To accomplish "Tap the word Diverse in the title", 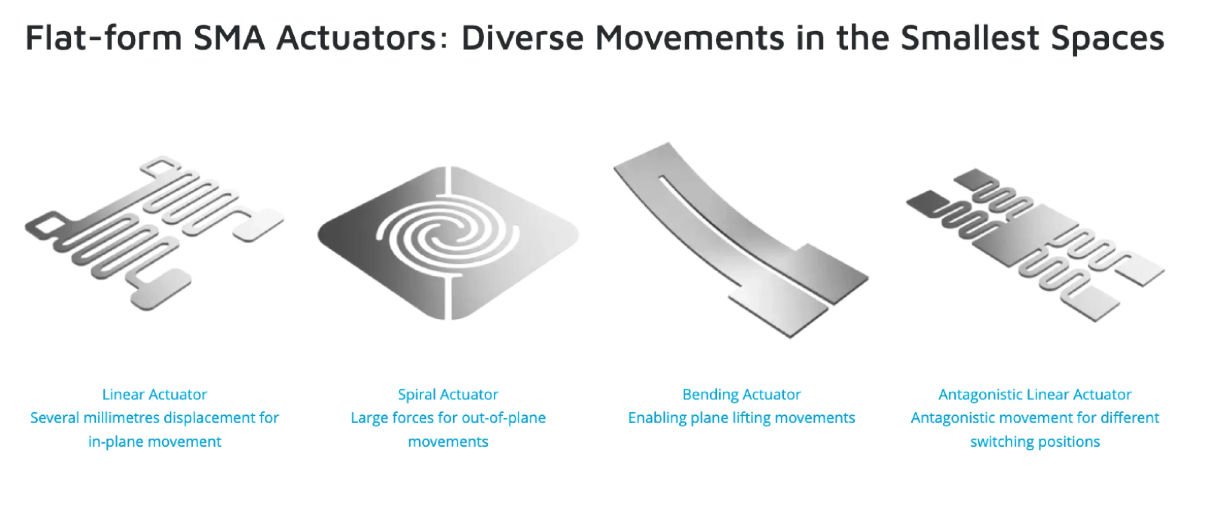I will tap(522, 37).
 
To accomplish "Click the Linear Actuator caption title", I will tap(154, 394).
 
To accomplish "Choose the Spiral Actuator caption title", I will tap(448, 394).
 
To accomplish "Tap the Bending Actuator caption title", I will tap(742, 394).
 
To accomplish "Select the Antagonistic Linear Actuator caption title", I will tap(1035, 394).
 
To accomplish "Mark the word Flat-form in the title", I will tap(103, 37).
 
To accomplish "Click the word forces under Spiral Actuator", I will tap(412, 417).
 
